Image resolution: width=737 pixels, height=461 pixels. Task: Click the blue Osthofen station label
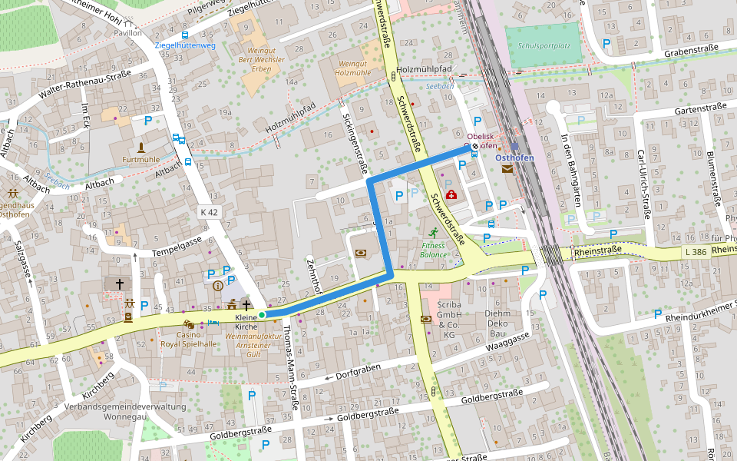coord(514,158)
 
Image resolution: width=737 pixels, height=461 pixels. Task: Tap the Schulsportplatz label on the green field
coord(544,45)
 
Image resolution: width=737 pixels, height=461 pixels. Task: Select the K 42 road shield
coord(209,212)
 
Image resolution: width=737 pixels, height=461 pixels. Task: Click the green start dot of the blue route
coord(262,315)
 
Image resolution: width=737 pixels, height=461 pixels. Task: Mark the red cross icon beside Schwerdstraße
coord(450,194)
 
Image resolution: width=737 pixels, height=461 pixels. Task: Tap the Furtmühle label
coord(141,160)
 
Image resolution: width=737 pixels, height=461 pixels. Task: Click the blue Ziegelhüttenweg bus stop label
coord(185,45)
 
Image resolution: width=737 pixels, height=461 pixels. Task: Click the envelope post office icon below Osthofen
coord(507,169)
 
